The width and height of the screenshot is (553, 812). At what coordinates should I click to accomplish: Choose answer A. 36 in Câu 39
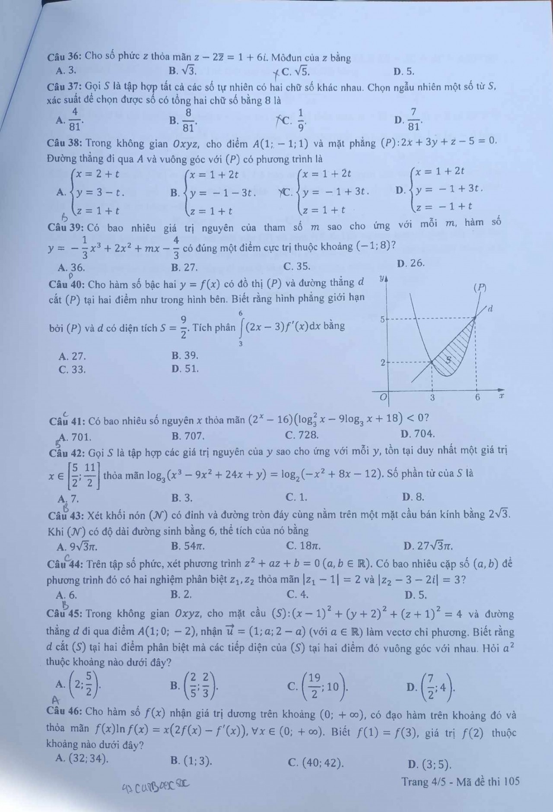click(72, 267)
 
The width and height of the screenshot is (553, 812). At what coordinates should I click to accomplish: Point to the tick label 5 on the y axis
click(382, 320)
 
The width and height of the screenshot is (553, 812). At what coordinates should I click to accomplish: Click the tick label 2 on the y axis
click(382, 363)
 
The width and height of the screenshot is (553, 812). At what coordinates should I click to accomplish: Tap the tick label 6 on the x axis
click(477, 397)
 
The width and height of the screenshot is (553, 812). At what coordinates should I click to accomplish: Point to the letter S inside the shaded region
click(448, 359)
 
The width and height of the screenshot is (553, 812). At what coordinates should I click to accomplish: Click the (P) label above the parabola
click(480, 287)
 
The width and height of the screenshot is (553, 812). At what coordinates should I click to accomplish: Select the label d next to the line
click(490, 308)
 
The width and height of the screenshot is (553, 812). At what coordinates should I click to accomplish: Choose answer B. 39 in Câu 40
click(185, 356)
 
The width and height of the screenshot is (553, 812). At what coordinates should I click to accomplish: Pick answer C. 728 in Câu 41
click(302, 434)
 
